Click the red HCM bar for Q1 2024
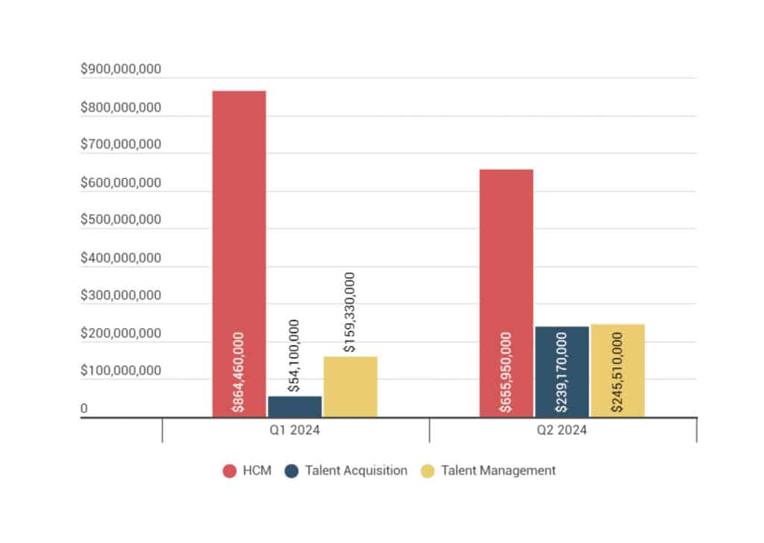239,224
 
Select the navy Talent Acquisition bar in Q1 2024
295,407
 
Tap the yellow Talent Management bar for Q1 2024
350,388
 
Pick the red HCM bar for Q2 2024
506,261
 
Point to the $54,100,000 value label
295,356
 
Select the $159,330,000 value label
349,312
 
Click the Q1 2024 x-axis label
295,430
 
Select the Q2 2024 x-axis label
563,430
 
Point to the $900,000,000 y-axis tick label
121,69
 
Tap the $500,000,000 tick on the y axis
121,220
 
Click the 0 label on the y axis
84,409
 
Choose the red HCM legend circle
230,471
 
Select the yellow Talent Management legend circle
428,471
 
